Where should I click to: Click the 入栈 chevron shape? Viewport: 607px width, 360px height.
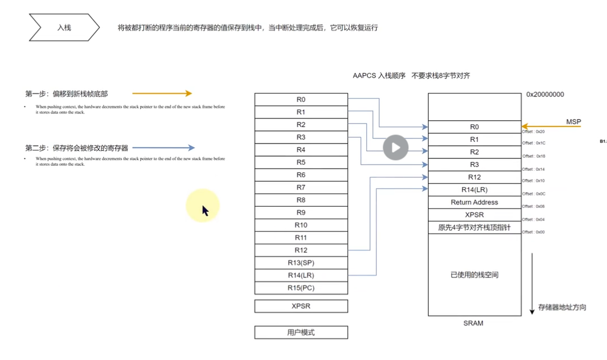(64, 27)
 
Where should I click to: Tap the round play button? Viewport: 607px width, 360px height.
(395, 148)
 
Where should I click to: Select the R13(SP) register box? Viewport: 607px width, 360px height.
(301, 263)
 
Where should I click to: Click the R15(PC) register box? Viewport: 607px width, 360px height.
(301, 288)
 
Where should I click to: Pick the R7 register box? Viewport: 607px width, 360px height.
(301, 187)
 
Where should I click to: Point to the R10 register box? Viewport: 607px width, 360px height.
(301, 225)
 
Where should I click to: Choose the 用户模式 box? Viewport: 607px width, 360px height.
(301, 332)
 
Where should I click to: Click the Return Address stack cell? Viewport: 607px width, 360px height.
(474, 202)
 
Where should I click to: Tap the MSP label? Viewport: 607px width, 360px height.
(573, 122)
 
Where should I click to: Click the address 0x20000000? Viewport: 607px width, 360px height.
(545, 95)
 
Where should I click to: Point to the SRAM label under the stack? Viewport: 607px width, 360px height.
(473, 324)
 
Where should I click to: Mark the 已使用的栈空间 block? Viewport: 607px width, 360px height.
(474, 275)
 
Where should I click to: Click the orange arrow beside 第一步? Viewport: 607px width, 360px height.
(162, 93)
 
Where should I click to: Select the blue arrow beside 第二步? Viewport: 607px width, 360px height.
(163, 148)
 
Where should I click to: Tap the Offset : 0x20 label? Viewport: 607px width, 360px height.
(534, 132)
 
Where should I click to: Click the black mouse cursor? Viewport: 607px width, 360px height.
(205, 211)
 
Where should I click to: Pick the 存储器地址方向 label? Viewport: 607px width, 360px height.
(562, 308)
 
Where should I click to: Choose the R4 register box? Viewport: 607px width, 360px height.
(301, 150)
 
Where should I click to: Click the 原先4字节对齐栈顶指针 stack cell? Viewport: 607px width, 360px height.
(474, 227)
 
